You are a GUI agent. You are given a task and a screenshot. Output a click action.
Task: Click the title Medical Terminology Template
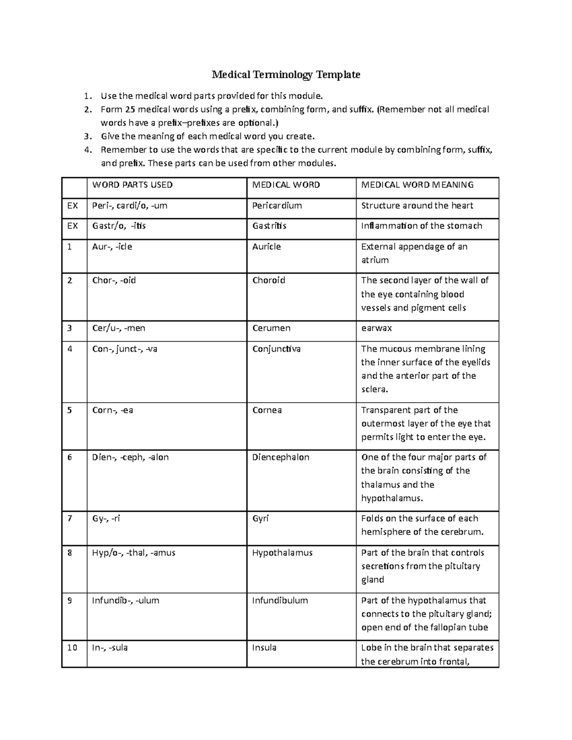pos(286,75)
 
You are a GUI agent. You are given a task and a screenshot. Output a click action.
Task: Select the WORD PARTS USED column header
pos(132,185)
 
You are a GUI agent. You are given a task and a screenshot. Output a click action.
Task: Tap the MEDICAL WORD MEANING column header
pos(417,185)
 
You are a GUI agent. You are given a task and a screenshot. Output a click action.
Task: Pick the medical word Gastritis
pos(269,226)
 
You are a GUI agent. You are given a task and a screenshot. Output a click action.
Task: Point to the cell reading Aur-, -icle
pos(112,247)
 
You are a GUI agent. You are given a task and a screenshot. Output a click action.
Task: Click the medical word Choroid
pos(268,281)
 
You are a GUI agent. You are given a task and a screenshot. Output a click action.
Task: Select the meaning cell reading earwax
pos(377,328)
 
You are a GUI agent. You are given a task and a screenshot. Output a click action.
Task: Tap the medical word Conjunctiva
pos(276,349)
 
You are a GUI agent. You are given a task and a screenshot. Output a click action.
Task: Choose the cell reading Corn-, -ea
pos(112,410)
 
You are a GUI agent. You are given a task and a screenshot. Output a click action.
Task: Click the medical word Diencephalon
pos(281,457)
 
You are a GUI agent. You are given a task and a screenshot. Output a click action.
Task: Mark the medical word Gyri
pos(260,518)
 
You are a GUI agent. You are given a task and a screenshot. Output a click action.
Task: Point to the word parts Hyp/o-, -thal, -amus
pos(133,553)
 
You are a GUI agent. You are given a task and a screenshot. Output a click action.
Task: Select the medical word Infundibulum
pos(280,601)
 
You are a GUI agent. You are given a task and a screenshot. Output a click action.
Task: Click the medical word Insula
pos(264,648)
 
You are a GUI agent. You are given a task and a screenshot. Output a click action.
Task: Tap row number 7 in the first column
pos(70,518)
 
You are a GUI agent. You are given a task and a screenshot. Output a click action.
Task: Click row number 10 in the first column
pos(72,648)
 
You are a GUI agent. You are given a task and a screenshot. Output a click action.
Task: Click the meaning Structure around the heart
pos(417,206)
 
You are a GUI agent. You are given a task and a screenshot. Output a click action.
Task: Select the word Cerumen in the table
pos(271,328)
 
